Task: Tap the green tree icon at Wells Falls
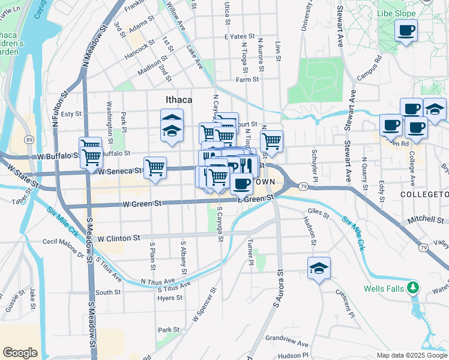click(412, 288)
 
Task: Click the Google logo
click(20, 353)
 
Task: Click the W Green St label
click(142, 205)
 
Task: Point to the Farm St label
click(247, 79)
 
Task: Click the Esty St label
click(71, 113)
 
